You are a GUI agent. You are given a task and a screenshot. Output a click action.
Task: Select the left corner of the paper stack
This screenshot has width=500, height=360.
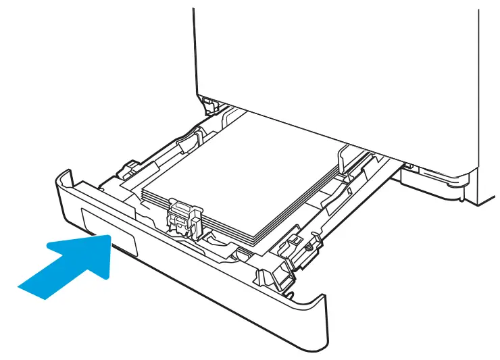pyautogui.click(x=143, y=192)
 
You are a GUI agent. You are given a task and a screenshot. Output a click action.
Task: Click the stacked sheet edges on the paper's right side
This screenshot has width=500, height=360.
pyautogui.click(x=304, y=206)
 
